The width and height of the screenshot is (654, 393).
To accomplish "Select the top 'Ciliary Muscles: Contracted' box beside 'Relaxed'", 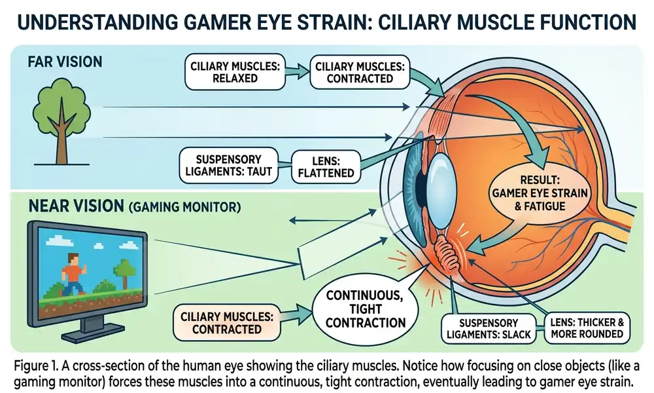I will (x=354, y=72).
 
